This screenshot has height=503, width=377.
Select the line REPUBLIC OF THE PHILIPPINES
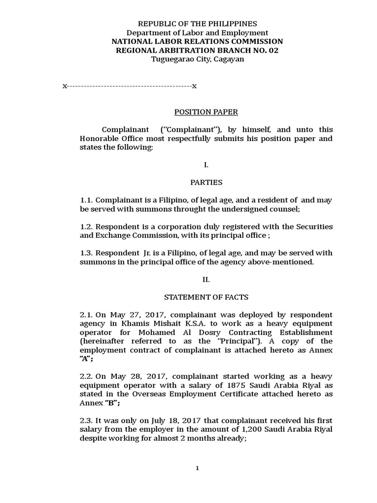tap(197, 24)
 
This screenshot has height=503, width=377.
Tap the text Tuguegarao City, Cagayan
tap(197, 59)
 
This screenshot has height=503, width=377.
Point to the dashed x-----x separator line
tap(130, 86)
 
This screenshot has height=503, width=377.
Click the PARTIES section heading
tap(206, 182)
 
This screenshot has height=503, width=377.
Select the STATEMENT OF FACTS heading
tap(206, 297)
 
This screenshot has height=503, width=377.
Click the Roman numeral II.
tap(206, 279)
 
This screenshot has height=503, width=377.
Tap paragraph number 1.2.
tap(86, 226)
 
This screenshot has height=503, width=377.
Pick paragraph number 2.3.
tap(86, 421)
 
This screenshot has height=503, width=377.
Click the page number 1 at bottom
tap(197, 468)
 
